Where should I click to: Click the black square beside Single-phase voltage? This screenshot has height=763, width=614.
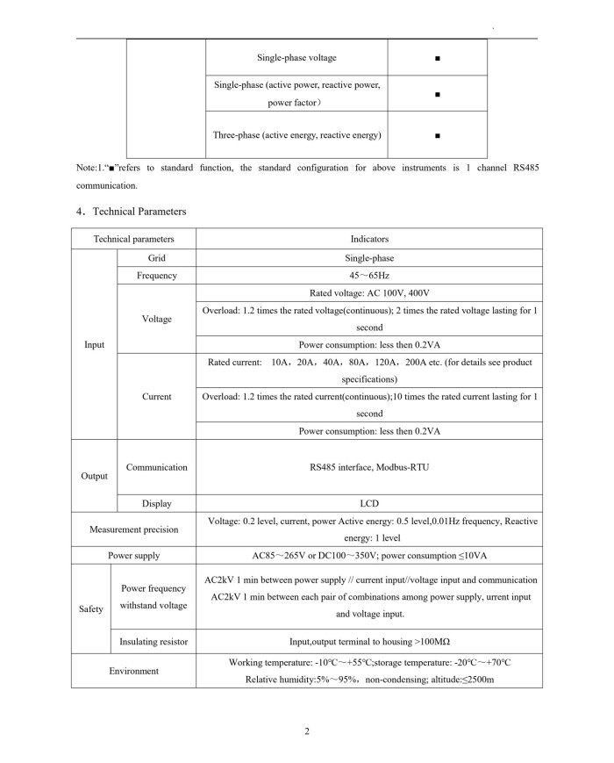coord(437,58)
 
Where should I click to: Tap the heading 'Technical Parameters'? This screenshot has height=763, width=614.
coord(136,211)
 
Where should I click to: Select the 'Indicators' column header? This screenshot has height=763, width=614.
coord(369,239)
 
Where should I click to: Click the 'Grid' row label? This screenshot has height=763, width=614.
coord(156,258)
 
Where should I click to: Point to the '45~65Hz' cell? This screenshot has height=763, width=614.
coord(369,276)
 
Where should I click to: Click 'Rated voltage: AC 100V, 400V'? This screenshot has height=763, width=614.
coord(369,293)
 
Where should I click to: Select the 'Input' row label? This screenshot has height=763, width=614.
coord(94,344)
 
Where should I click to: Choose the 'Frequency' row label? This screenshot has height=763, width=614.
coord(156,276)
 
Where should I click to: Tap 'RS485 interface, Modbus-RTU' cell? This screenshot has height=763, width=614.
coord(369,467)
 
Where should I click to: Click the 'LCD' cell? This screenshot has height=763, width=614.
coord(369,504)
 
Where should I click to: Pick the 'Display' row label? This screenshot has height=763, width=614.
coord(156,504)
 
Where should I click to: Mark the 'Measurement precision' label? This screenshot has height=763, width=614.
coord(133,529)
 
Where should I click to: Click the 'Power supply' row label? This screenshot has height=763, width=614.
coord(133,556)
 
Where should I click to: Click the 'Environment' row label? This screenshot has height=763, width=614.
coord(133,671)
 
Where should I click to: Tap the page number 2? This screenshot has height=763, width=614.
coord(307,731)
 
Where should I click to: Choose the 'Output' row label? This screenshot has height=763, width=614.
coord(94,476)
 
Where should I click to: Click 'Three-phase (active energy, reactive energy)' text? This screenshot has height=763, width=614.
coord(297,135)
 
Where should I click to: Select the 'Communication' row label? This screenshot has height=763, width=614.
coord(156,467)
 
